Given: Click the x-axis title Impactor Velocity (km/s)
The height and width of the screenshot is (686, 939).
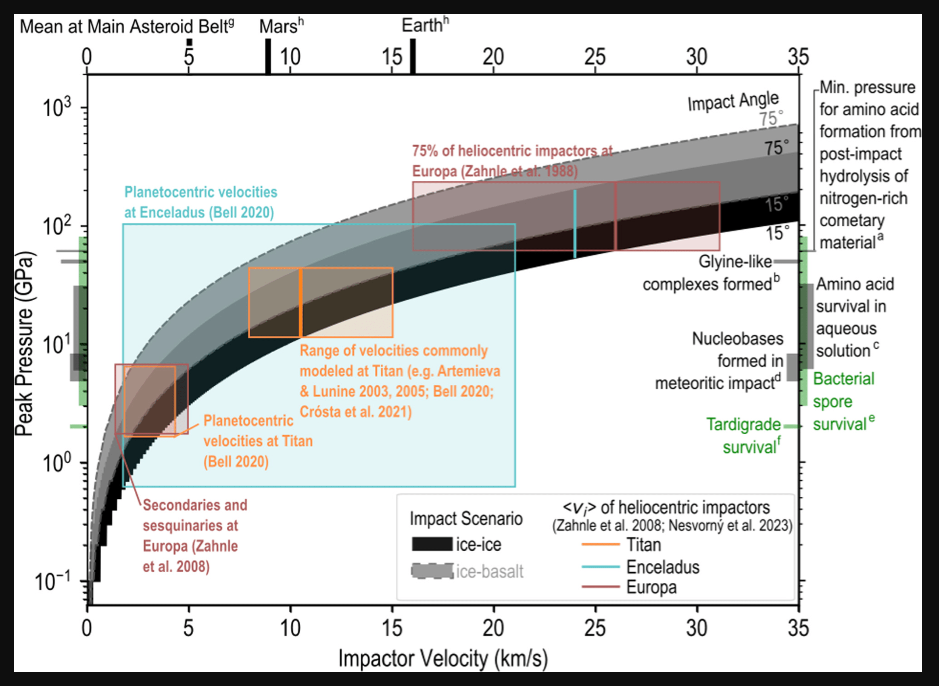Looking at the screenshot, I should click(442, 659).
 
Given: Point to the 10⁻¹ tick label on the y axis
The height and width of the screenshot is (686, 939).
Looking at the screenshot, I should click(53, 581).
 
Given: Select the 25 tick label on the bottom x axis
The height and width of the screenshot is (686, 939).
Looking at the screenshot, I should click(595, 628).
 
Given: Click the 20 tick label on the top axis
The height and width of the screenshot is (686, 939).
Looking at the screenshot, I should click(493, 57).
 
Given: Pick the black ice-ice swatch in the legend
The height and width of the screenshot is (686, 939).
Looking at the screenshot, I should click(432, 544).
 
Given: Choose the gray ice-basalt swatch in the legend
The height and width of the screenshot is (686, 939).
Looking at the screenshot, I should click(432, 571).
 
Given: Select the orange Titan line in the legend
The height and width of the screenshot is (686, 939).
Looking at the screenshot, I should click(601, 544).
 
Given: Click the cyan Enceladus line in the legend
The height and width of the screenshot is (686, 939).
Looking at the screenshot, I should click(601, 567).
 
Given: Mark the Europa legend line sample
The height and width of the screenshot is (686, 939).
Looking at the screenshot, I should click(601, 587).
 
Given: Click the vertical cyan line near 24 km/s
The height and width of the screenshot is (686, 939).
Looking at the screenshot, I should click(575, 224).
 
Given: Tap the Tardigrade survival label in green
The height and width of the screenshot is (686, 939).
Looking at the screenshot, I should click(744, 435).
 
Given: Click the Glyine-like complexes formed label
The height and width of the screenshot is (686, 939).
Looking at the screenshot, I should click(711, 273).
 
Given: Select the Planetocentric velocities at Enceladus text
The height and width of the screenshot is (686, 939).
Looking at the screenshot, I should click(200, 202).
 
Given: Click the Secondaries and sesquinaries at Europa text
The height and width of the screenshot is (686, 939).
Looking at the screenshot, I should click(194, 535).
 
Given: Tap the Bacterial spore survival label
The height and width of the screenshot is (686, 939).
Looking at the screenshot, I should click(843, 402).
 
